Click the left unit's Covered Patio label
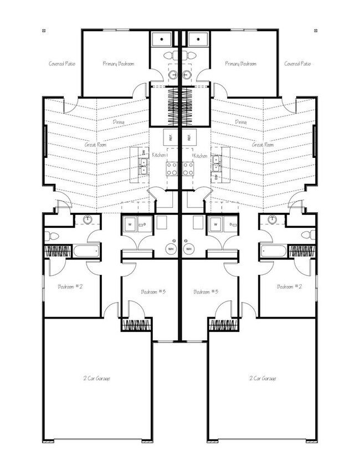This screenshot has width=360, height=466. tap(62, 64)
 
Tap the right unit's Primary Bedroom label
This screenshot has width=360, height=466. tap(240, 64)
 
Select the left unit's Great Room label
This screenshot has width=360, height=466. tap(95, 145)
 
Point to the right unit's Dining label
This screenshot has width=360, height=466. tap(240, 122)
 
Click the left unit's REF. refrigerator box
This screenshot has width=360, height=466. tap(171, 137)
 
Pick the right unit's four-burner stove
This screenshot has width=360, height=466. tap(188, 168)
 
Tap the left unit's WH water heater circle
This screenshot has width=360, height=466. tap(171, 249)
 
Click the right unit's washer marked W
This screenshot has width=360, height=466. tap(216, 224)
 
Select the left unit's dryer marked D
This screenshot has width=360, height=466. tap(145, 224)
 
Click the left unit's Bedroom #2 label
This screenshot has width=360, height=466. tap(70, 286)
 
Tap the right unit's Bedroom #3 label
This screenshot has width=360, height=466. tap(206, 291)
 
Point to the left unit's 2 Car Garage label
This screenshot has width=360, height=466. tap(97, 378)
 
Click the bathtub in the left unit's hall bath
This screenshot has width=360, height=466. tap(86, 251)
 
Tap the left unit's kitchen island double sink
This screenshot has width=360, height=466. tap(144, 166)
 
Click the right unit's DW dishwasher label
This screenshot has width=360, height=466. tap(216, 178)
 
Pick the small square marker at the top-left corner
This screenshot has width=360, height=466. tap(44, 30)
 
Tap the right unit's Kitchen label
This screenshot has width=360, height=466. tap(200, 156)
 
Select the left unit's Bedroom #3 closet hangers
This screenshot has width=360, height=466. tap(136, 325)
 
